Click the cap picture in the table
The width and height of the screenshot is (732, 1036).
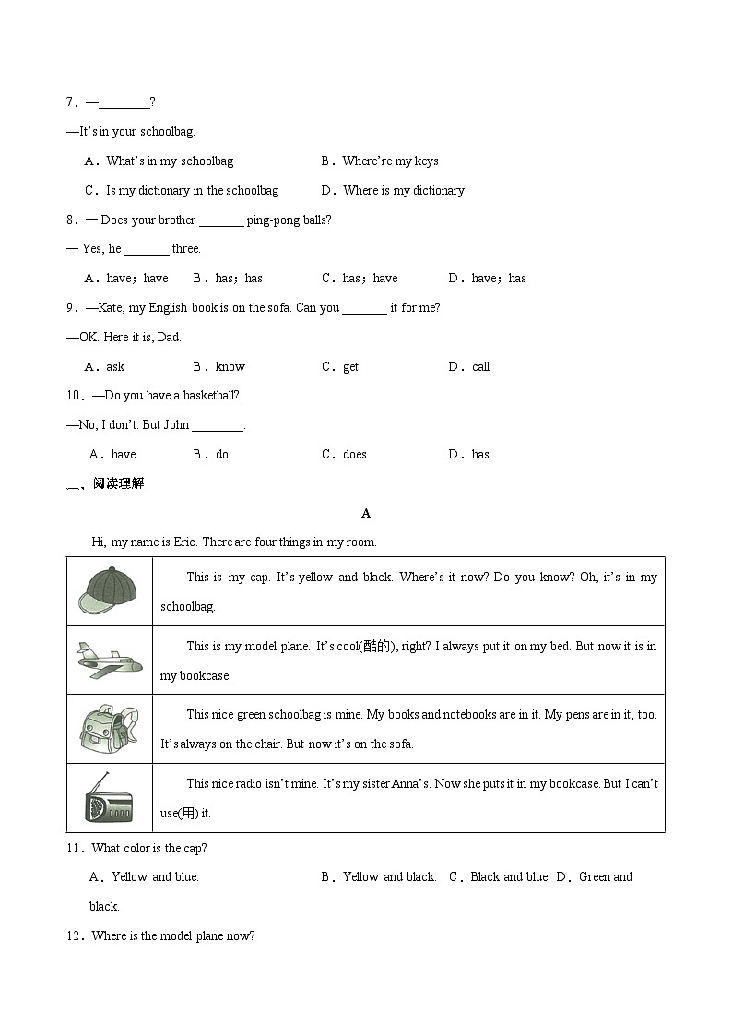tap(108, 591)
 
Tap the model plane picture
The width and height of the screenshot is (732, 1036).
tap(109, 661)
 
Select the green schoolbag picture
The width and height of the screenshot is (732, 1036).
tap(108, 729)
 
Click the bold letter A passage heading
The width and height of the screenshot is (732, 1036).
tap(366, 513)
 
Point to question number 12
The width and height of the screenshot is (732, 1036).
tap(76, 935)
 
